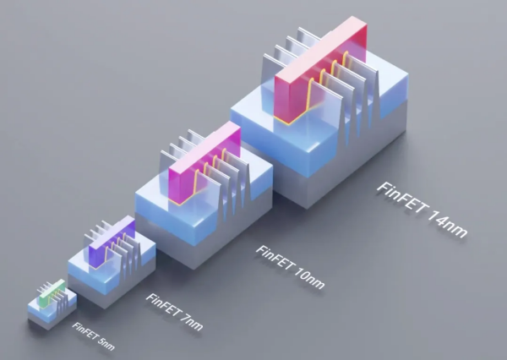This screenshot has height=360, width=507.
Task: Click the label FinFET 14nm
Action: point(422,210)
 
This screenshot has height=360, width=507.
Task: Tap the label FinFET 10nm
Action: point(290,267)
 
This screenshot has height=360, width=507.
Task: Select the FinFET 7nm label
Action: point(175,312)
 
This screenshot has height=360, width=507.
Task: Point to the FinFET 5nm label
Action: point(93,336)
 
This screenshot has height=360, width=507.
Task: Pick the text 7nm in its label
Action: point(193,323)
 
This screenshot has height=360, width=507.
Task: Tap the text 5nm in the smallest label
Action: point(106,345)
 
